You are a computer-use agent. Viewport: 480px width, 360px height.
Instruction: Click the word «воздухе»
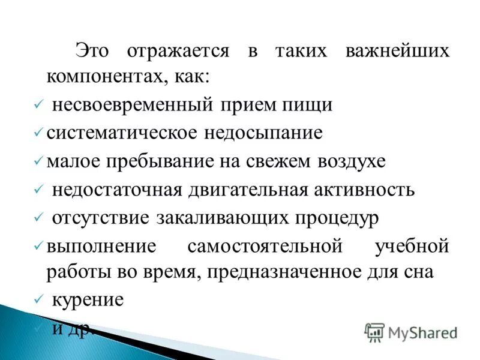pyautogui.click(x=343, y=161)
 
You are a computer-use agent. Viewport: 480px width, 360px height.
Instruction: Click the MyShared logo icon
pyautogui.click(x=375, y=332)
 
